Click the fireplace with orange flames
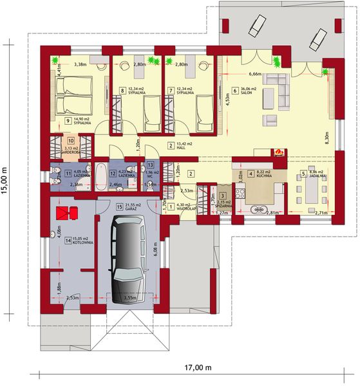(x=278, y=152)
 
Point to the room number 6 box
(x=236, y=91)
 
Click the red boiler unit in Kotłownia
(x=65, y=213)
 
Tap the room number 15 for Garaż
(x=119, y=207)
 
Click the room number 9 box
(x=67, y=120)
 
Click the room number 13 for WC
(x=150, y=165)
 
